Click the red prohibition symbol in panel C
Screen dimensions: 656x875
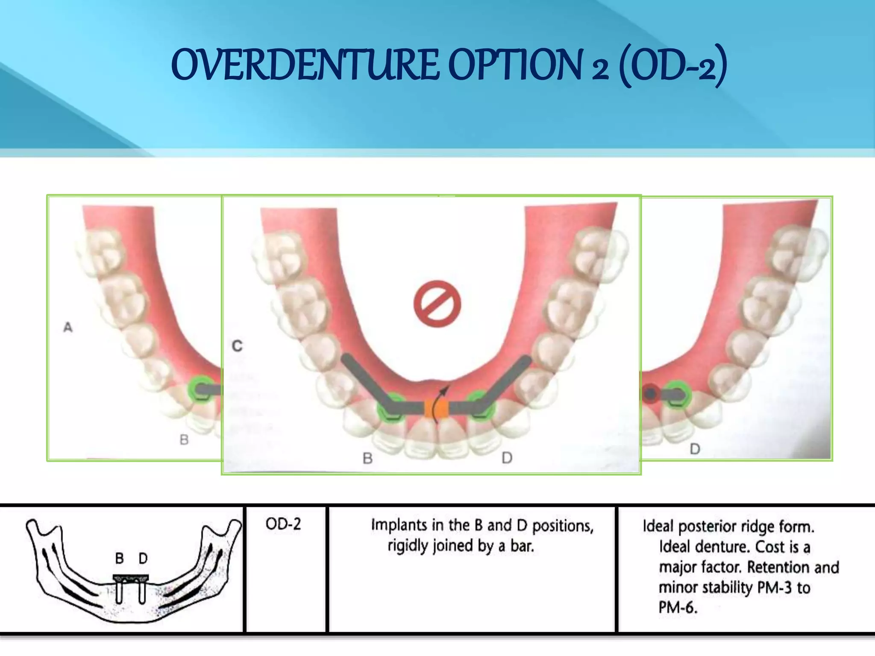[437, 304]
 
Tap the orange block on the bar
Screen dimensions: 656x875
[436, 408]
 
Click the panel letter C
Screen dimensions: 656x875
[237, 346]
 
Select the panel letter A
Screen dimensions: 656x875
[68, 328]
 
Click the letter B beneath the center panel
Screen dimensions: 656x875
[367, 458]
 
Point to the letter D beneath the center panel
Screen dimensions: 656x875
[507, 458]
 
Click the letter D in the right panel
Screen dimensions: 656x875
[695, 449]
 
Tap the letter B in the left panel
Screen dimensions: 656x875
[184, 439]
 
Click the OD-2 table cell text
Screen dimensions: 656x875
[283, 524]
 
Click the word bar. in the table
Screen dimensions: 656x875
[522, 546]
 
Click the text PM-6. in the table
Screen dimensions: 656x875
[678, 607]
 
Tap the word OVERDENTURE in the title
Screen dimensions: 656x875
[305, 65]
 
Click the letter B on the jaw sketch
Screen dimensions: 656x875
[120, 558]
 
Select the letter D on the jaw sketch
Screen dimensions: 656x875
[143, 558]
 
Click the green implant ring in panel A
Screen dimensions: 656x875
[200, 388]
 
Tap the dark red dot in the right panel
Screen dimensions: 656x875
[650, 394]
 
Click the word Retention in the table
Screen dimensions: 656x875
[778, 567]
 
